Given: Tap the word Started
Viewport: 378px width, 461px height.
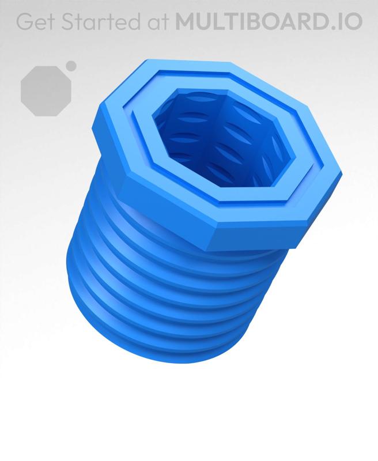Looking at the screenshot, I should point(96,21).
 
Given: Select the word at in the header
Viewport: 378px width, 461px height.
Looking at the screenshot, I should point(155,21).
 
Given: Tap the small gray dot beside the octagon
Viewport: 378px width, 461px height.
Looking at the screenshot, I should point(71,66).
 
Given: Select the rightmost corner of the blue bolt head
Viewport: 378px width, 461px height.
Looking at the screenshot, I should point(341,173).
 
